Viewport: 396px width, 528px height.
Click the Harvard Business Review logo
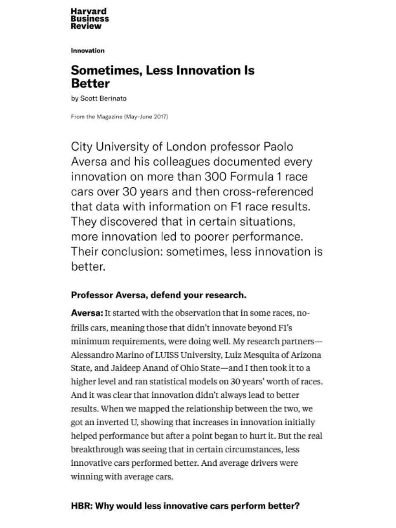[x=90, y=19]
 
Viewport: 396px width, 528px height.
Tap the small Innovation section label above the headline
[x=87, y=51]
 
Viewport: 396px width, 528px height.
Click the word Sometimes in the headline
[x=106, y=71]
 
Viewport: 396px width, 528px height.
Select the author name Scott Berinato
[x=103, y=99]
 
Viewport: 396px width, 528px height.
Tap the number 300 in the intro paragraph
[x=215, y=177]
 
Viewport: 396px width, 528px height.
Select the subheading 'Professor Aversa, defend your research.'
[x=158, y=295]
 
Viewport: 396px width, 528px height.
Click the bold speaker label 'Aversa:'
[x=87, y=313]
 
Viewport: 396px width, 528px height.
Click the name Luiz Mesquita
[x=252, y=355]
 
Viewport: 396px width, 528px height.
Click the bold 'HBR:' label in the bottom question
[x=82, y=506]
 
